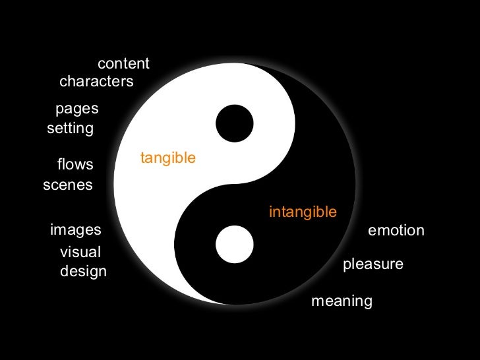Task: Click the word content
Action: [123, 64]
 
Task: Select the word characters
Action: [96, 82]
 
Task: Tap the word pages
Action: [76, 109]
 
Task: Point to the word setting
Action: [70, 129]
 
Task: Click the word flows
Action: [75, 164]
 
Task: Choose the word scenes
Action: [68, 185]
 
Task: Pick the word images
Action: [76, 229]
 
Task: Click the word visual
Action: [80, 252]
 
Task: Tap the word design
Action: [83, 271]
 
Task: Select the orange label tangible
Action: [167, 158]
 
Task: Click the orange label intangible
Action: [303, 212]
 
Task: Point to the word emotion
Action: [396, 231]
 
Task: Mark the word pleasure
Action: [373, 265]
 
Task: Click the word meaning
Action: [342, 301]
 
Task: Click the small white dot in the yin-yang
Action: [235, 244]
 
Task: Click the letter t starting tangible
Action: [142, 158]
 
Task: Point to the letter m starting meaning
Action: [316, 302]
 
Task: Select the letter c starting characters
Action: [63, 82]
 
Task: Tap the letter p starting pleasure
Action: [347, 266]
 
